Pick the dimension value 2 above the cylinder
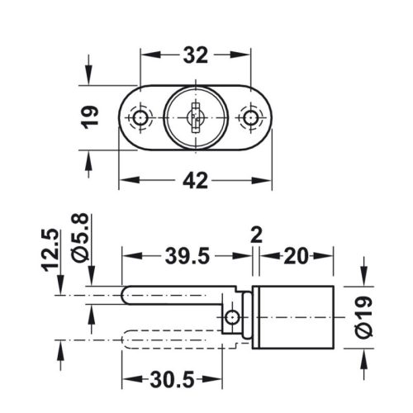coord(256,236)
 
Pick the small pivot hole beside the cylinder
coord(234,317)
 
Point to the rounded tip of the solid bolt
coord(126,295)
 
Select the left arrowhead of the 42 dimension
coord(125,179)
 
